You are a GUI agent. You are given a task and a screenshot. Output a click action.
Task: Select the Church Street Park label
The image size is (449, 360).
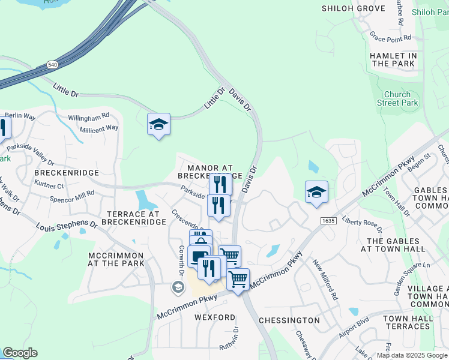(x=397, y=98)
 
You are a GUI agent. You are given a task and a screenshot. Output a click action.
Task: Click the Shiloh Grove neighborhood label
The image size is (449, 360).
(x=353, y=8)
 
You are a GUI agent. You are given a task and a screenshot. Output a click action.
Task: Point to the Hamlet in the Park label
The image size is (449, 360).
(x=393, y=59)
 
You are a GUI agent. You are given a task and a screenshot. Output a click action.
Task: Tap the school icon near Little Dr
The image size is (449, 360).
(x=158, y=125)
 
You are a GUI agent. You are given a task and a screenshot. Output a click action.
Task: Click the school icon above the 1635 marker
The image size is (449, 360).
(x=316, y=193)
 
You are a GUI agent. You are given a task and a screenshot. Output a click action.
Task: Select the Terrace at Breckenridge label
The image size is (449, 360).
(x=133, y=218)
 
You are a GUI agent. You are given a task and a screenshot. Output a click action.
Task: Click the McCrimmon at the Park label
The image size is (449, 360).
(x=116, y=259)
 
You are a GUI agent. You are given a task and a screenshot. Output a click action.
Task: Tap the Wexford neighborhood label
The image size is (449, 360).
(x=215, y=317)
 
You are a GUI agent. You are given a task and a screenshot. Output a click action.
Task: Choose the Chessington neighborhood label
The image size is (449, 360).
(x=289, y=320)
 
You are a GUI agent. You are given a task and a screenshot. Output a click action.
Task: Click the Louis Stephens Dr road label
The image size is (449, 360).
(x=67, y=225)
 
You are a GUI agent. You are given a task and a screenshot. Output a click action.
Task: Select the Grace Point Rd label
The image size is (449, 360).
(x=390, y=37)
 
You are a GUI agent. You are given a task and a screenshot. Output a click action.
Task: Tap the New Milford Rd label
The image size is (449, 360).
(x=325, y=280)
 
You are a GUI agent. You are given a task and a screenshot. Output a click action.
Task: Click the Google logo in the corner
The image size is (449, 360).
(x=20, y=353)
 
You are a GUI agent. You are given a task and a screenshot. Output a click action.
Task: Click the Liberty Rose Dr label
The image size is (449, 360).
(x=362, y=223)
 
